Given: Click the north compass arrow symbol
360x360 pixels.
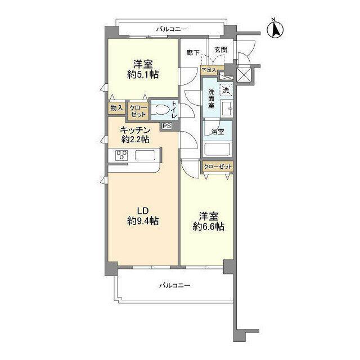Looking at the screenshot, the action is (275, 29).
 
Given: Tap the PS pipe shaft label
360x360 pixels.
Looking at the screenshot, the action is (166, 126).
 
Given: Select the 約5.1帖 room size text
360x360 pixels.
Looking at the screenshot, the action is (143, 75).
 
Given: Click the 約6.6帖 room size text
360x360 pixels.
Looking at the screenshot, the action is (209, 227).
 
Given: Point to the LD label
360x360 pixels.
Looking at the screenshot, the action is (143, 210).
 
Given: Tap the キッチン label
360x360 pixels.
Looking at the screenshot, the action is (136, 130).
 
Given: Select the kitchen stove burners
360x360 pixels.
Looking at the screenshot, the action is (121, 155).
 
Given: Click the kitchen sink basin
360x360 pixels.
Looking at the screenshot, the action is (145, 155).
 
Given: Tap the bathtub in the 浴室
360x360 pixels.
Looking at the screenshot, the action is (217, 149).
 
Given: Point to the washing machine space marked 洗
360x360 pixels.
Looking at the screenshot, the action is (226, 90).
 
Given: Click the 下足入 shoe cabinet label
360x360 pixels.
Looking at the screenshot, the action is (209, 70).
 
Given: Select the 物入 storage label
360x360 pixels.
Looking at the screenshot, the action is (116, 108).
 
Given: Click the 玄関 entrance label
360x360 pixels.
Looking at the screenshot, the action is (221, 49).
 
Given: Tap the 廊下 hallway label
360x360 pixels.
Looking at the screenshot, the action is (193, 53).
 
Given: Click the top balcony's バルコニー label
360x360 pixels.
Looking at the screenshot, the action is (172, 29).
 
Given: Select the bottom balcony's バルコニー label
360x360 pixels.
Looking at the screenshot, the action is (175, 285).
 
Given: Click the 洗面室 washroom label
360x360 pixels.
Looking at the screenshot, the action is (211, 99).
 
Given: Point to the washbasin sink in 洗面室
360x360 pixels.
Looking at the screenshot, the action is (227, 107).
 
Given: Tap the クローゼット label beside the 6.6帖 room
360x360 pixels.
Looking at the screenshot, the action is (218, 166).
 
